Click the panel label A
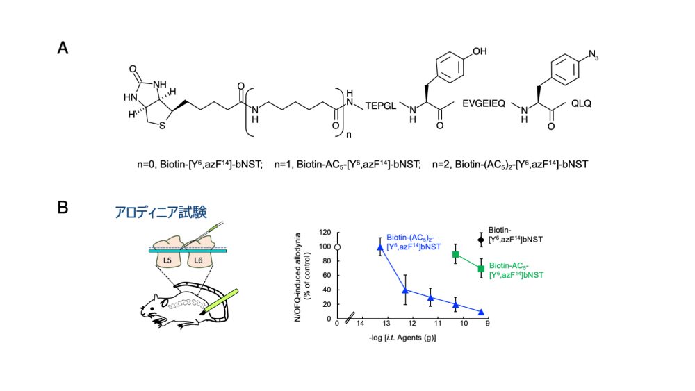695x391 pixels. point(63,48)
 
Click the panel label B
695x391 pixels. point(63,207)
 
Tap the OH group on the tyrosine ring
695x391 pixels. point(479,51)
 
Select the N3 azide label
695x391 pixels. point(593,55)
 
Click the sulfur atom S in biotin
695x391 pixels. point(162,126)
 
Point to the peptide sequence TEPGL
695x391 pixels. point(381,106)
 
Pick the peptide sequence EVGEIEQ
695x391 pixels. point(484,103)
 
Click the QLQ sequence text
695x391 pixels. point(581,103)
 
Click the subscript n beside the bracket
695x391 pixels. point(348,134)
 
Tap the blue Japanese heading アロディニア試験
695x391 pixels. point(161,212)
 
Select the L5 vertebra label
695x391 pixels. point(167,260)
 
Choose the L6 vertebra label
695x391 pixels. point(198,260)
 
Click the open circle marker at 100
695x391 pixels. point(337,247)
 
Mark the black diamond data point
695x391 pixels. point(481,240)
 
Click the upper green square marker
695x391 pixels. point(456,255)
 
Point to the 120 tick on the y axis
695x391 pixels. point(325,233)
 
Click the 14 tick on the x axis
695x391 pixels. point(360,323)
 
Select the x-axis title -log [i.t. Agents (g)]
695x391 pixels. point(402,338)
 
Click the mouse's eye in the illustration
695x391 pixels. point(164,304)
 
